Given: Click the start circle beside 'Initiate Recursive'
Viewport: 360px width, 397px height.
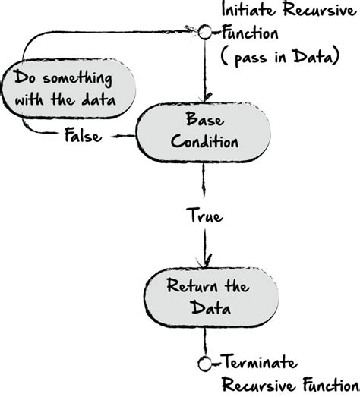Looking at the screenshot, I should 203,33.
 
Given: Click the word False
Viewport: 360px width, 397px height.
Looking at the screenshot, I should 80,137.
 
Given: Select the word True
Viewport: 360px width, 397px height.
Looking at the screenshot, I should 204,217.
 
